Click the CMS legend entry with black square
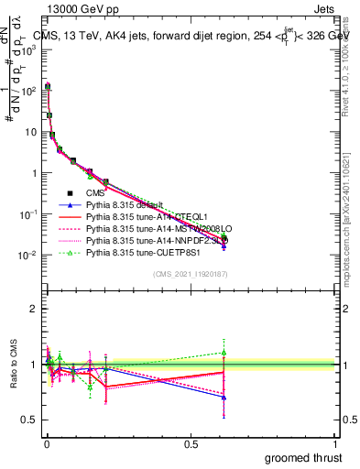(x=95, y=193)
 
